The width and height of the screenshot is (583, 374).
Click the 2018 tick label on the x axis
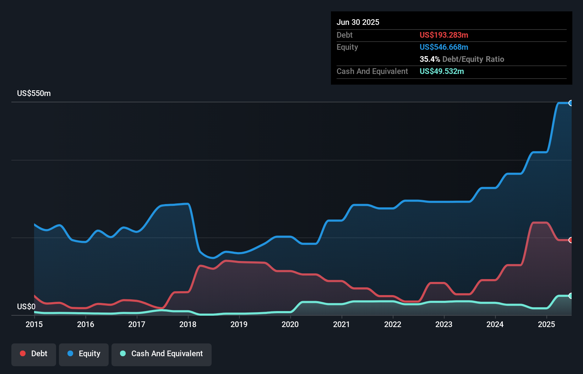tap(188, 324)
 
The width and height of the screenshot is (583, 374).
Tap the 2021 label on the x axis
tap(341, 324)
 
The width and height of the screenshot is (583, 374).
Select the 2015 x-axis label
tap(34, 324)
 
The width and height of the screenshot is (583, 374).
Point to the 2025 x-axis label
tap(546, 324)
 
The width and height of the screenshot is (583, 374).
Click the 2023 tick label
tap(444, 324)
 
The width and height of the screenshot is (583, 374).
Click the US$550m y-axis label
tap(34, 93)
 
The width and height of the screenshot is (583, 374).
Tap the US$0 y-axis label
tap(26, 306)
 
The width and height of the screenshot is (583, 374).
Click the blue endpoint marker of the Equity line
tap(571, 103)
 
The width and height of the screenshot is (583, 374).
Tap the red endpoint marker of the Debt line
tap(571, 240)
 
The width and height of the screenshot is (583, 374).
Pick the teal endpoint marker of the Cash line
tap(571, 296)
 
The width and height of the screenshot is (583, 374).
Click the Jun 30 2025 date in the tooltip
tap(358, 22)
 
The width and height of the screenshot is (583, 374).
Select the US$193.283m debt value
tap(444, 35)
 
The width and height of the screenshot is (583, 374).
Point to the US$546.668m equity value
tap(444, 47)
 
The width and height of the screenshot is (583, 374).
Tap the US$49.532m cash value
tap(442, 71)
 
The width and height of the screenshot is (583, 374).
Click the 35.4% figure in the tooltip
tap(430, 59)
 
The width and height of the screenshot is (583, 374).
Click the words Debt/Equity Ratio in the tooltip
tap(473, 59)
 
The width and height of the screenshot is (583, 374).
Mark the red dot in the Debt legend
tap(23, 354)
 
